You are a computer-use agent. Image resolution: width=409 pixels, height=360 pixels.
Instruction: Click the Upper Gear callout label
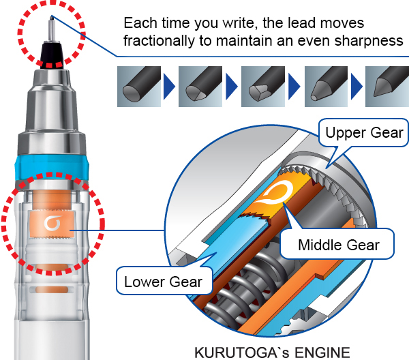tap(364, 132)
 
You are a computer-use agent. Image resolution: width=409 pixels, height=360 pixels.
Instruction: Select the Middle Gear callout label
tap(339, 245)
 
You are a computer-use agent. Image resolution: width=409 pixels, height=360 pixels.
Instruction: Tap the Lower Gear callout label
tap(164, 282)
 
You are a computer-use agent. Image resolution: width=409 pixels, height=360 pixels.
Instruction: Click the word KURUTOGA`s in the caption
tap(242, 352)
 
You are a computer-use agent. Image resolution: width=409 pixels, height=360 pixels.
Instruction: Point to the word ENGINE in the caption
tap(322, 352)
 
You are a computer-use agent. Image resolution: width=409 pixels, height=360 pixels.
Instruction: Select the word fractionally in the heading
tap(159, 41)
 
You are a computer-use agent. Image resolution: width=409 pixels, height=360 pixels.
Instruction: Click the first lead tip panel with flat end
tap(139, 87)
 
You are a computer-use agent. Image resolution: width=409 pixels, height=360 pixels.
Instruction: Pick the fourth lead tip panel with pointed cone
tap(326, 87)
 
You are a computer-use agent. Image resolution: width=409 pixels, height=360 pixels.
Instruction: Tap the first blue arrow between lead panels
tap(169, 87)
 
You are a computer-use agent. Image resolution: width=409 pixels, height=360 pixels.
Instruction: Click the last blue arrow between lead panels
tap(357, 87)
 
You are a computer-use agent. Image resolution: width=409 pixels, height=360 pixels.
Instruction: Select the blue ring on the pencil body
tap(52, 168)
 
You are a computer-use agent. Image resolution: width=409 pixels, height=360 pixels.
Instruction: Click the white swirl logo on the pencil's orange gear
tap(52, 224)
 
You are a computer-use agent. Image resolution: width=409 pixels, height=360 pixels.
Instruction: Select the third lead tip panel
tap(263, 87)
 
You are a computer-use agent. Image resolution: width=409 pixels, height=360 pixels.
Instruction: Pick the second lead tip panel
tap(200, 87)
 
